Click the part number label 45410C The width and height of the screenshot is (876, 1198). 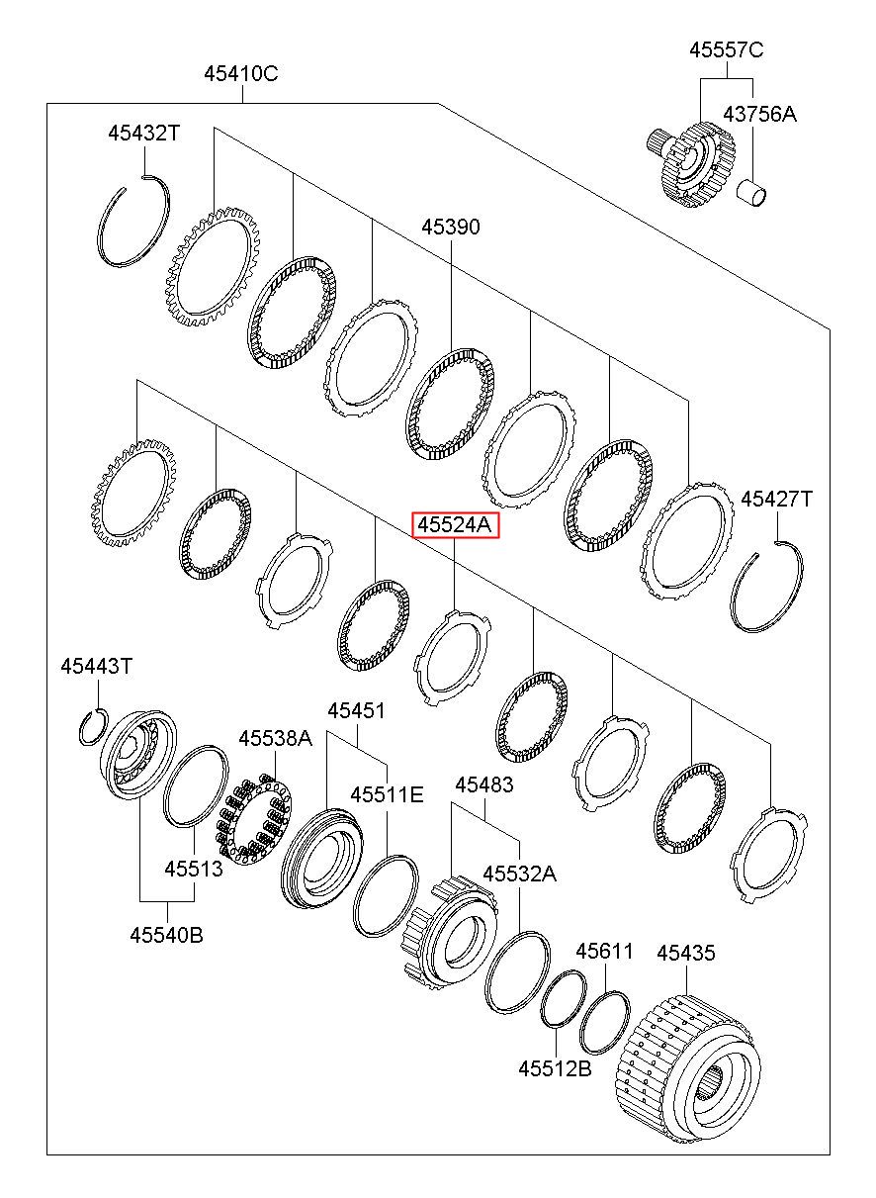[241, 73]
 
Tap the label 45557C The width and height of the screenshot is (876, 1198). [727, 50]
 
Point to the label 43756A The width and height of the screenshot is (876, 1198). [758, 114]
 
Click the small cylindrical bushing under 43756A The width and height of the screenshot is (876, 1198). [754, 193]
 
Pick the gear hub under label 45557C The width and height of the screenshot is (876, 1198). [692, 163]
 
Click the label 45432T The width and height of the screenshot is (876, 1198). [144, 133]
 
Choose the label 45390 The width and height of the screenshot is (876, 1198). [451, 228]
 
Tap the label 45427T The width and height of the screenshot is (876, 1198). [777, 500]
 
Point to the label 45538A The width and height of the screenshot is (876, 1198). [275, 737]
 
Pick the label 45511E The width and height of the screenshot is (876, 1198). [387, 793]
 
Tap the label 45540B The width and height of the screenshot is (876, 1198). [166, 934]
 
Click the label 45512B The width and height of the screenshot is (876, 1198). [556, 1068]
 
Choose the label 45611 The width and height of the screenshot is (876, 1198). [604, 952]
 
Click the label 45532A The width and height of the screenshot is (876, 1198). [519, 874]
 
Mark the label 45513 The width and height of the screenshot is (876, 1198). [194, 869]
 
